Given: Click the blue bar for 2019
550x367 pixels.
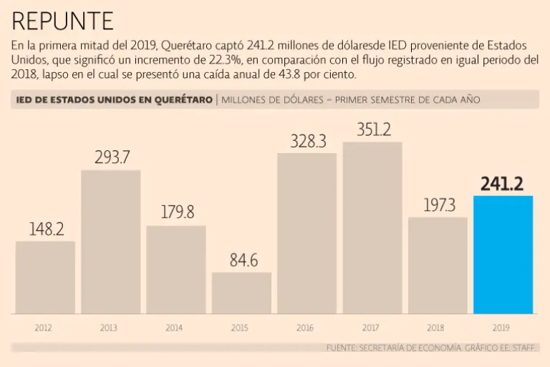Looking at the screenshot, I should point(503,255).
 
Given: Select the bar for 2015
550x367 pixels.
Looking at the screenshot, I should point(241,293).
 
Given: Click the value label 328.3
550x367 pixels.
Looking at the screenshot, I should point(308,141).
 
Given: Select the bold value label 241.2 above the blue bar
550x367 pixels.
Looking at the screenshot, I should point(502,184).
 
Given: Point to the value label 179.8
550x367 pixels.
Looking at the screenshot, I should point(176,213).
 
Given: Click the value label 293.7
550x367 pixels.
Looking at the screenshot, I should point(112,157).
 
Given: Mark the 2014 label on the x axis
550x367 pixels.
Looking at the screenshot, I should point(174,328).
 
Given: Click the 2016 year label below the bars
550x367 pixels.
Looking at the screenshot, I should point(305,328).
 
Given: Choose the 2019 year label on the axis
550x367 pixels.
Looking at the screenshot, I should point(501,328).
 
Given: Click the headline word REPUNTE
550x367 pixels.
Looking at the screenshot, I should point(63,21).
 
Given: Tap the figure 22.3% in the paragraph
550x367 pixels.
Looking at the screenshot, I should point(211,60).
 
